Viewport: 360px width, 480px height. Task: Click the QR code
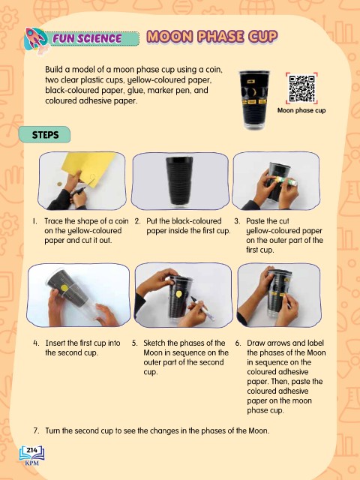[x=301, y=88]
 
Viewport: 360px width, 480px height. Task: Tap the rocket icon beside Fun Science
[x=35, y=40]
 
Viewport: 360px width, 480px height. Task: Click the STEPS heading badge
[x=45, y=135]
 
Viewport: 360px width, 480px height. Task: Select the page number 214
[x=31, y=450]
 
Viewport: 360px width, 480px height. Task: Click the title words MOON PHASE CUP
[x=212, y=37]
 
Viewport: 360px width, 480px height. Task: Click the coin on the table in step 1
[x=59, y=184]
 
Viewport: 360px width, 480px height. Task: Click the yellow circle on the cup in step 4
[x=64, y=288]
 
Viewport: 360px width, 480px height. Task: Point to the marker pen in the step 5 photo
[x=202, y=308]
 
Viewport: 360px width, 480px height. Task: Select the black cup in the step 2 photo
[x=180, y=181]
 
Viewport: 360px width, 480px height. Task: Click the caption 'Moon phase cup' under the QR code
[x=301, y=110]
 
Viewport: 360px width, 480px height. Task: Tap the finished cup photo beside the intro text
[x=253, y=100]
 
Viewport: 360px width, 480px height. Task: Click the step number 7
[x=37, y=430]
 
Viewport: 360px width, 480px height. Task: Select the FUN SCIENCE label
[x=87, y=38]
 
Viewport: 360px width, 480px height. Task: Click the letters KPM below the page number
[x=32, y=463]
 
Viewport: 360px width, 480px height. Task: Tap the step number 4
[x=36, y=343]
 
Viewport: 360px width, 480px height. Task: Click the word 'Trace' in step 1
[x=55, y=221]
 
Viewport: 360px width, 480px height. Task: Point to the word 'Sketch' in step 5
[x=154, y=343]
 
